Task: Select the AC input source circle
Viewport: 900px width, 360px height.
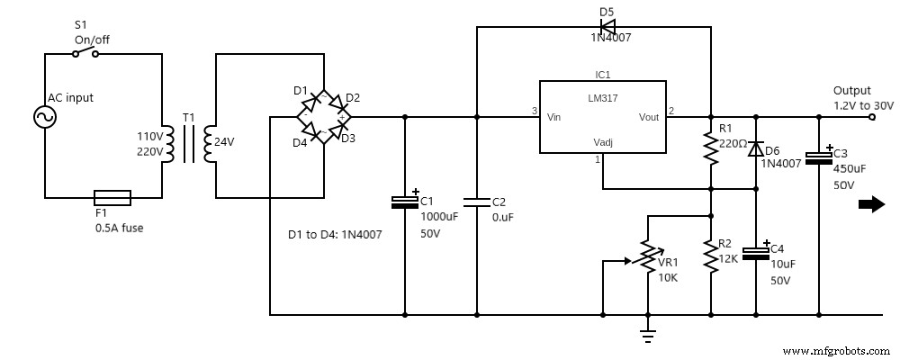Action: pos(44,117)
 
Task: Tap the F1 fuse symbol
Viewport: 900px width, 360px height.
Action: pos(112,197)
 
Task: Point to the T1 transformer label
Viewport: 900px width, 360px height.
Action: pos(187,118)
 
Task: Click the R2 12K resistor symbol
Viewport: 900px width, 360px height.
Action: pos(711,257)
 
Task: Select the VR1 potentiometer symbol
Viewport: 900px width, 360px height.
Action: pos(646,261)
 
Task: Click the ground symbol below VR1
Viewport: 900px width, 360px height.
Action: pos(646,335)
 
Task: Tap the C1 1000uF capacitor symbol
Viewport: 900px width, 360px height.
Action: pos(404,202)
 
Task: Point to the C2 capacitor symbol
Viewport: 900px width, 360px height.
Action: pos(476,202)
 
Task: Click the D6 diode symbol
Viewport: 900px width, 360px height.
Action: pos(755,149)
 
